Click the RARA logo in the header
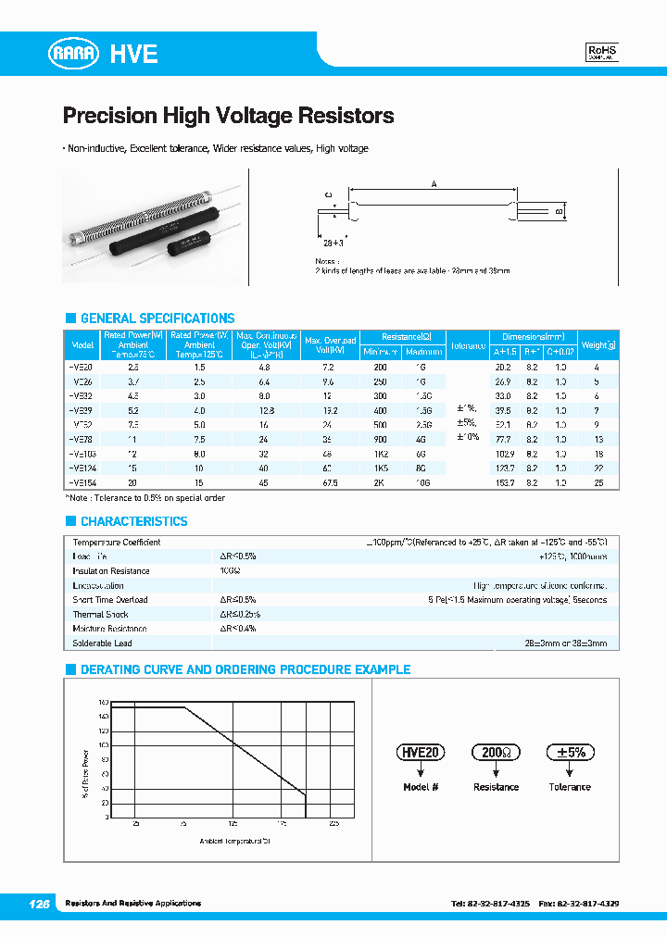tap(73, 55)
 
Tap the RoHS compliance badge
tap(602, 53)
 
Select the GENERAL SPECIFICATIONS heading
tap(157, 318)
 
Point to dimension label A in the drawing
tap(434, 184)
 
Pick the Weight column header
tap(598, 345)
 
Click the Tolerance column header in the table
tap(468, 345)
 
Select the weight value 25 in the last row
tap(598, 483)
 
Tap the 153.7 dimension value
tap(504, 483)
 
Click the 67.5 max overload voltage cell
tap(326, 483)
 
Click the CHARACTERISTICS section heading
tap(133, 521)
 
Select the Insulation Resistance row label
tap(110, 571)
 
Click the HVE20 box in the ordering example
tap(421, 753)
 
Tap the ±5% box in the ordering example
tap(569, 753)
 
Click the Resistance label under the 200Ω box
tap(496, 787)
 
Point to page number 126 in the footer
tap(38, 903)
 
